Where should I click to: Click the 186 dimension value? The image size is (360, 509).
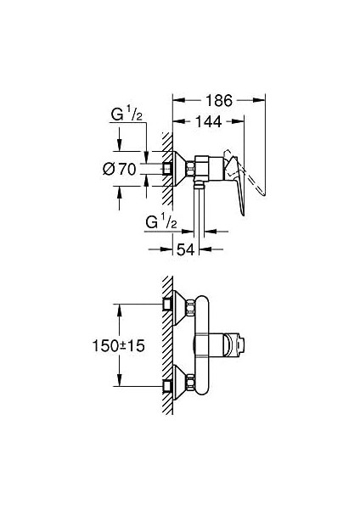[219, 100]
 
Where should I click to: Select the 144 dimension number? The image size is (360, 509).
[209, 121]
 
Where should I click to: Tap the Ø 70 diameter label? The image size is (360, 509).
[120, 169]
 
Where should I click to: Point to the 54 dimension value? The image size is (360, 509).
[186, 249]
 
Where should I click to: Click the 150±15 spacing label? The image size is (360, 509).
[119, 345]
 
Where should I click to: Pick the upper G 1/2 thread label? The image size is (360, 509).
[127, 115]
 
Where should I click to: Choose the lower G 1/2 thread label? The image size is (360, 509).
[161, 223]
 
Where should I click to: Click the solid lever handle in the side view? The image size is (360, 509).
[237, 185]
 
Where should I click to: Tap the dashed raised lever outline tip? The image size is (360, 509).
[263, 194]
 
